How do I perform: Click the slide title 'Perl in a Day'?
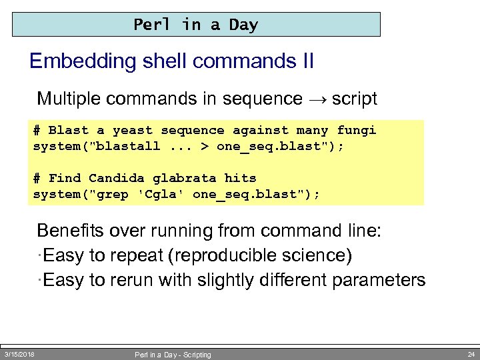pos(195,25)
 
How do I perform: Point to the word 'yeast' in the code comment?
pos(132,131)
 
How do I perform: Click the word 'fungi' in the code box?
pos(356,131)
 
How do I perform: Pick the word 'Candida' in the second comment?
pos(116,178)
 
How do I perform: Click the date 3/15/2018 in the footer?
pos(19,354)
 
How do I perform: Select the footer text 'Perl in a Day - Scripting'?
pos(173,355)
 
